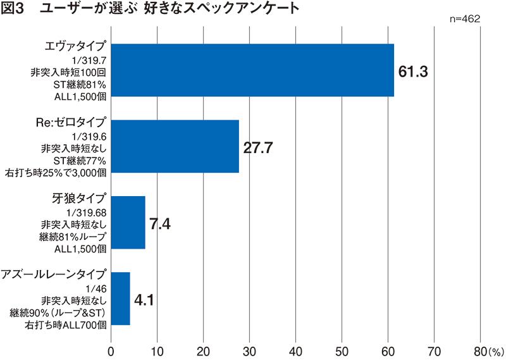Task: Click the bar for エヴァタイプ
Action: pos(252,70)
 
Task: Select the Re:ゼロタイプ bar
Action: pos(175,146)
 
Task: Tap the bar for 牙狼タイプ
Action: pos(128,222)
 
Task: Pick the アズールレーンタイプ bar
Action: pos(121,298)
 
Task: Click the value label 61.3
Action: pos(414,71)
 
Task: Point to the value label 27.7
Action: pos(258,148)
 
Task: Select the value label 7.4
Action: pos(161,223)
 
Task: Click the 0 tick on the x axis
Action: pos(111,350)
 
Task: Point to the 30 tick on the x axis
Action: pos(250,350)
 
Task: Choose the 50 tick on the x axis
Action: pos(342,350)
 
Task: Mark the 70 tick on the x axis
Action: pos(435,350)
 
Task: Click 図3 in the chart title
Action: pos(14,9)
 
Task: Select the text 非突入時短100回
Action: pos(68,72)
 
